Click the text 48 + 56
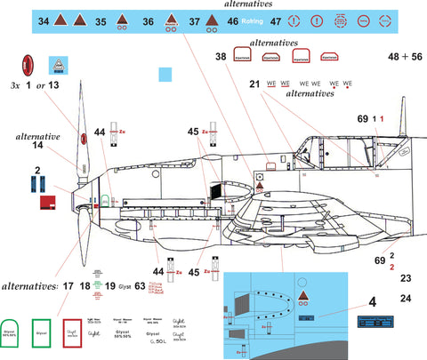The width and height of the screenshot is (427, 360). tap(405, 57)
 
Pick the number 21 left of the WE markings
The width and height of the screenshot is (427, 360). tap(254, 84)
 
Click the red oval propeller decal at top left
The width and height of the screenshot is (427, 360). tap(28, 65)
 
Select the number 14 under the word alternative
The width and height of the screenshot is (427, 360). tap(36, 144)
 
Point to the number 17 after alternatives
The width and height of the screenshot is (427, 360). tap(68, 286)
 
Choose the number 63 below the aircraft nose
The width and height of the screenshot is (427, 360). tap(141, 286)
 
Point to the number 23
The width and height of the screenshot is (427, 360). tap(406, 279)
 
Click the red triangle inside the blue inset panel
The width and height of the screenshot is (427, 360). tap(305, 296)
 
